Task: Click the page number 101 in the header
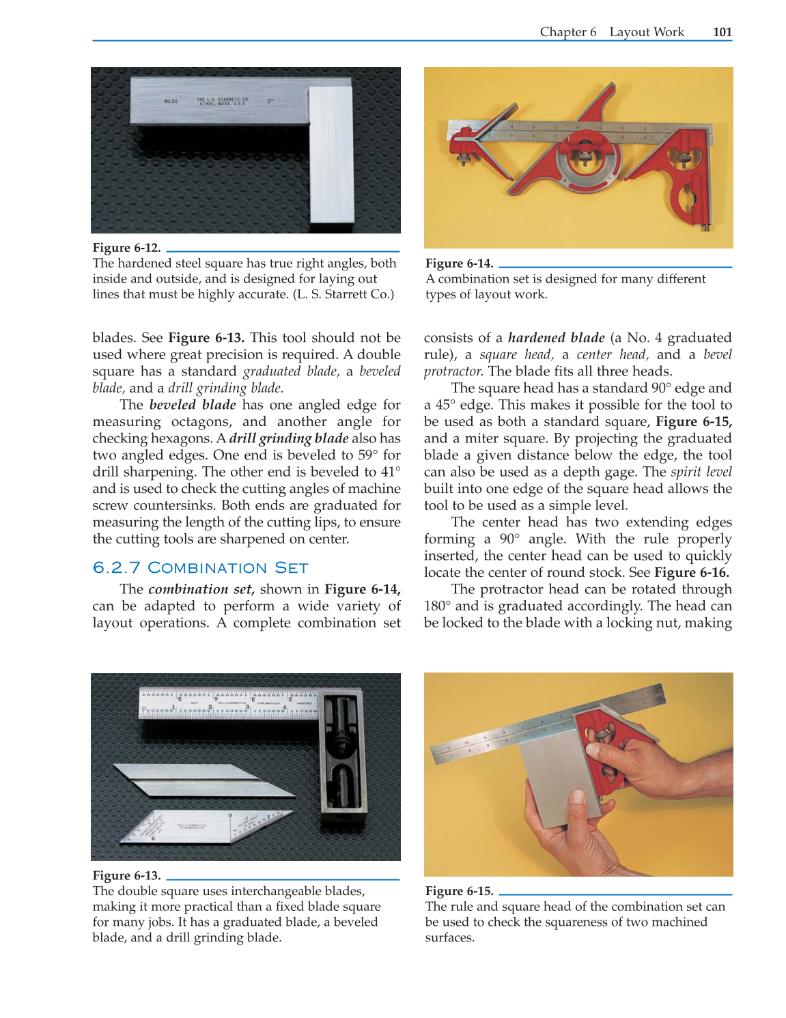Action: [722, 32]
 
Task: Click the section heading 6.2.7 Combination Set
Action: [200, 568]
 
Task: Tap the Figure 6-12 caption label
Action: [126, 248]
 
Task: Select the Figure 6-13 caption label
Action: [126, 875]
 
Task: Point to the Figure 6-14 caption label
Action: [459, 264]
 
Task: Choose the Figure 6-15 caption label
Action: [459, 891]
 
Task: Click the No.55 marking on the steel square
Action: [171, 102]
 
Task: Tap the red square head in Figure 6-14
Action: [686, 184]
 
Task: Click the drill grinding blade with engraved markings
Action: [205, 826]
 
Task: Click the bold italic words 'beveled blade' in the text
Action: [193, 405]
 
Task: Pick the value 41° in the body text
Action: [391, 472]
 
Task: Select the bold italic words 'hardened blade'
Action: [556, 338]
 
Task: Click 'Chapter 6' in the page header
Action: [567, 32]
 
